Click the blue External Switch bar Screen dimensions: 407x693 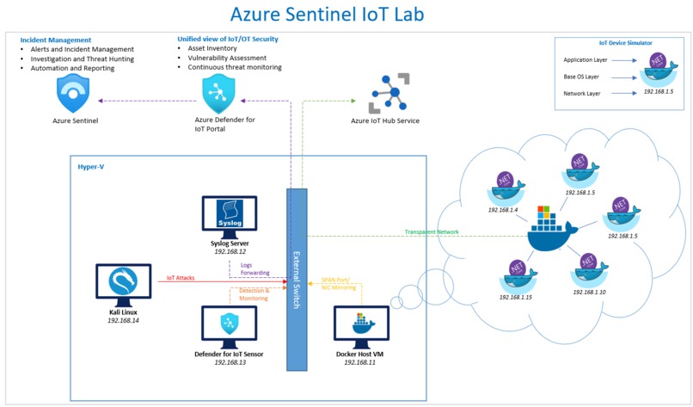point(297,280)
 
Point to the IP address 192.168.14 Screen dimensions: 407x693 point(123,320)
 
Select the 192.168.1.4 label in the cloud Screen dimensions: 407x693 point(504,209)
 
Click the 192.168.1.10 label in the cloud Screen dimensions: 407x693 point(589,293)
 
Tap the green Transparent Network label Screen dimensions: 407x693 point(432,231)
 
